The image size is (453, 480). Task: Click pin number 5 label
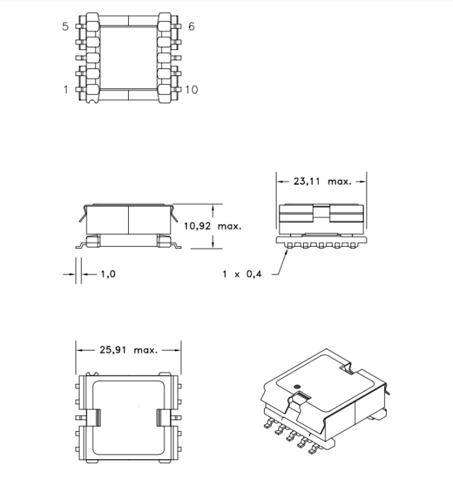[x=66, y=26]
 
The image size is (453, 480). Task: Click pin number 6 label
[x=192, y=26]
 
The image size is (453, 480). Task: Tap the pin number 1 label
[x=66, y=89]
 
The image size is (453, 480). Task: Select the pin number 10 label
[x=192, y=89]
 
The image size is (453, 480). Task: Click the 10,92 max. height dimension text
[x=213, y=226]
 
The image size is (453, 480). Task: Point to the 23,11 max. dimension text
[x=322, y=182]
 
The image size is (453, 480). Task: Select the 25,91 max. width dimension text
[x=129, y=350]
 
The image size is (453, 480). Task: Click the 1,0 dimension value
[x=108, y=274]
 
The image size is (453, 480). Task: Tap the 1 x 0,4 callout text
[x=242, y=274]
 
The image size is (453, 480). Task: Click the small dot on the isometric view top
[x=297, y=387]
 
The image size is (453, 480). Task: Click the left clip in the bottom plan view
[x=93, y=418]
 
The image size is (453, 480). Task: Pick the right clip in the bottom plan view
[x=164, y=418]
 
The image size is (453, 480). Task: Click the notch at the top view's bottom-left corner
[x=92, y=101]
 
